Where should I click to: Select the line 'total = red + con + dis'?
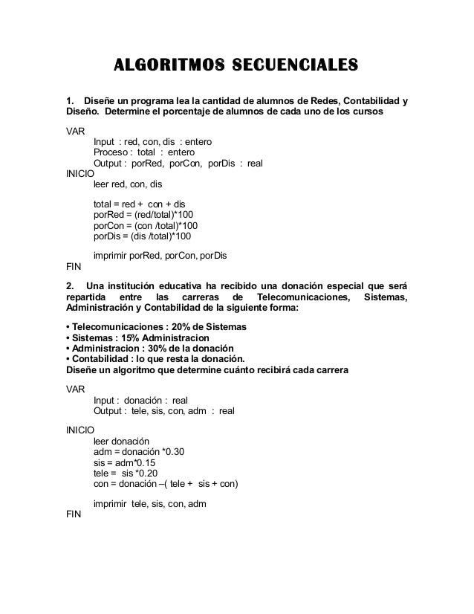[142, 203]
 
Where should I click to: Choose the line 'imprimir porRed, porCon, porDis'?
[160, 256]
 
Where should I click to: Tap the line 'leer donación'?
[122, 441]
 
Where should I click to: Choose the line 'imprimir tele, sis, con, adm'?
[149, 503]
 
